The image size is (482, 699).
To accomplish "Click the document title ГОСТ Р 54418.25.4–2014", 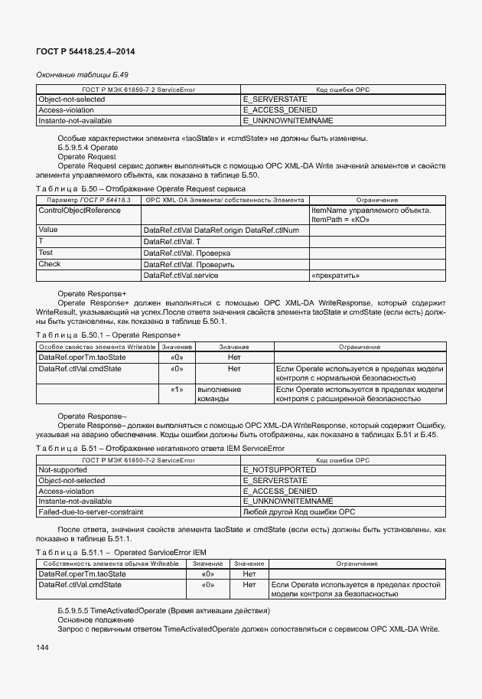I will click(x=80, y=52).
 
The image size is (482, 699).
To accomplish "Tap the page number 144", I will click(x=42, y=648).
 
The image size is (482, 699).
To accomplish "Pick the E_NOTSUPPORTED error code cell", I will click(x=279, y=469).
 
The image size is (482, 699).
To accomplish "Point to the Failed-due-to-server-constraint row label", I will click(x=90, y=511).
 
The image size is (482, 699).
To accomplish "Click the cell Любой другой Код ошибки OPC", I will click(x=299, y=511).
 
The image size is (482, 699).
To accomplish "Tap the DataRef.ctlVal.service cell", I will click(x=181, y=275).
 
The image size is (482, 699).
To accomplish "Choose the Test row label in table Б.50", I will click(x=46, y=252).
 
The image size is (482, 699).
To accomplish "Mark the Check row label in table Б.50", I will click(x=49, y=263).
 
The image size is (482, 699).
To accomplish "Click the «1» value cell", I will click(x=177, y=390).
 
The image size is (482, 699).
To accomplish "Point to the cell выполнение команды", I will click(x=220, y=394).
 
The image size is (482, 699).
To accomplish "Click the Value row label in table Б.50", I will click(x=47, y=229).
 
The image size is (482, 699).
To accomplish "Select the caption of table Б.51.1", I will click(x=121, y=551).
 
